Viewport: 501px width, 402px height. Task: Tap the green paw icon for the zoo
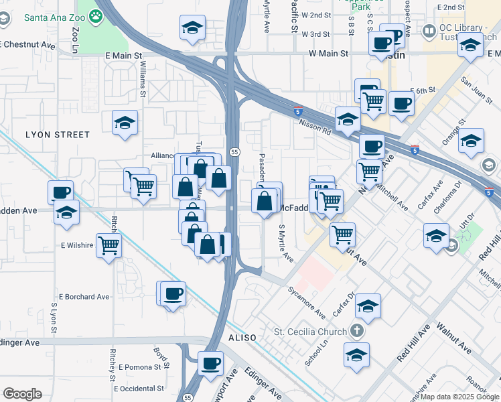coord(98,15)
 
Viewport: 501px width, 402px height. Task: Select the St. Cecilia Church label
coord(311,331)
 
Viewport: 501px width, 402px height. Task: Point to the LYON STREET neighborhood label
coord(58,135)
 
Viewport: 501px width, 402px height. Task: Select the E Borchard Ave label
coord(84,296)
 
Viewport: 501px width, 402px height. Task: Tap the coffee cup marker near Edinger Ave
coord(211,363)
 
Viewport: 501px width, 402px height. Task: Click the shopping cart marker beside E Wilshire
coord(108,245)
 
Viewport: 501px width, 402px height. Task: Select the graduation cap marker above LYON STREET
coord(125,123)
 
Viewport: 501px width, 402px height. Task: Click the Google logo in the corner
coord(22,394)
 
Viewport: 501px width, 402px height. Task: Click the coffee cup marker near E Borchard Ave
coord(173,293)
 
